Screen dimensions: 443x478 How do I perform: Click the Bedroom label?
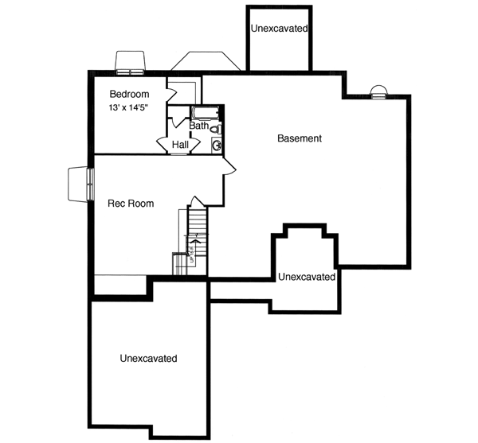click(x=126, y=95)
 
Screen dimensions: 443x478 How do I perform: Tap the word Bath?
click(x=198, y=126)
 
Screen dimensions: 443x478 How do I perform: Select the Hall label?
click(x=180, y=145)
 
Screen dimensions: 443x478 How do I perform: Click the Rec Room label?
click(x=131, y=204)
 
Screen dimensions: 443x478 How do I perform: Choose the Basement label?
click(x=300, y=138)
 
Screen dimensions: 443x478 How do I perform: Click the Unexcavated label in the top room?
click(x=280, y=29)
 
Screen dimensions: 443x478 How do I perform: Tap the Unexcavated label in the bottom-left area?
click(x=148, y=359)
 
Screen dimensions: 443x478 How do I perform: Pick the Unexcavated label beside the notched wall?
click(x=307, y=277)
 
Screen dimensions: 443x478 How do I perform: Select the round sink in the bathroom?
click(x=217, y=145)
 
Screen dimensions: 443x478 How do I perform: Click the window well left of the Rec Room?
click(x=79, y=184)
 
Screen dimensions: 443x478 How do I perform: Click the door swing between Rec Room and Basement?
click(x=229, y=165)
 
